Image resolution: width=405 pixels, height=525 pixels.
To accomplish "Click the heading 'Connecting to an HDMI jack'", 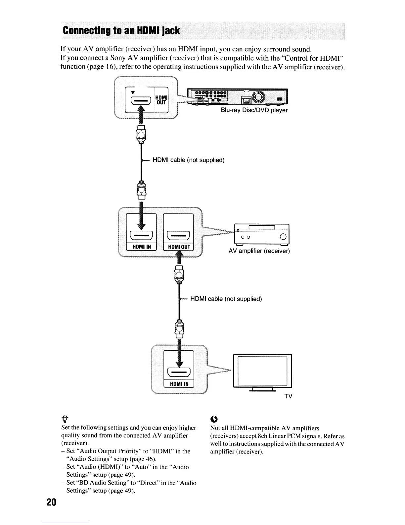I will [121, 31].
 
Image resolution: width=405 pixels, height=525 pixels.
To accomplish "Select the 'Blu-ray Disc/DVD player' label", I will [254, 110].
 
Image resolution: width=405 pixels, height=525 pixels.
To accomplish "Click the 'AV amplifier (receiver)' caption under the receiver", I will [259, 251].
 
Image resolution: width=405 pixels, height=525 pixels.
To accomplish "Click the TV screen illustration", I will [262, 371].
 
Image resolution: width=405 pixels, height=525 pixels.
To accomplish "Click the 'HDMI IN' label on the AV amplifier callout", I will [142, 247].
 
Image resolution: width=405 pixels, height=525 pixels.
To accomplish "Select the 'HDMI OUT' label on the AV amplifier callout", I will [179, 247].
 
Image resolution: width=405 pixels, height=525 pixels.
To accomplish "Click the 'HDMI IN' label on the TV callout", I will [179, 384].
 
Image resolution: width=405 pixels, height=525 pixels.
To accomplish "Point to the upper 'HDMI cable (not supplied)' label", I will [188, 160].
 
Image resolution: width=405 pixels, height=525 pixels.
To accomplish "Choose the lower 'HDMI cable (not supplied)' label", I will [226, 299].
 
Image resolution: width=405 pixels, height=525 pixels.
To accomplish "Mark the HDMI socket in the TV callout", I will [179, 373].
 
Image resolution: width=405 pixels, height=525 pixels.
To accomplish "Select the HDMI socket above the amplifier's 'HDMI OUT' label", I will [179, 236].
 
